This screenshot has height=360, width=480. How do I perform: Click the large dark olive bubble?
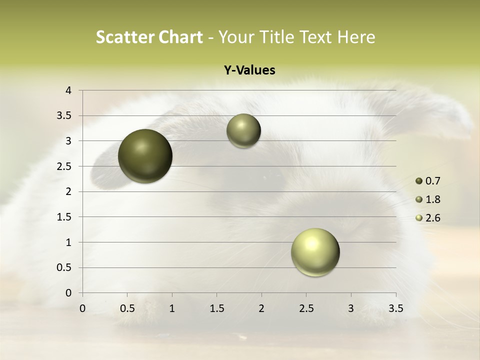[145, 156]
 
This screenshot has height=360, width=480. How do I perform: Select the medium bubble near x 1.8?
[243, 131]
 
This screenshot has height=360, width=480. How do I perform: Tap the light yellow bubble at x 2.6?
[315, 252]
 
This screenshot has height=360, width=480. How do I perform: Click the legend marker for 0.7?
[419, 181]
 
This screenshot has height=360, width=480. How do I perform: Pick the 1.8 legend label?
[433, 199]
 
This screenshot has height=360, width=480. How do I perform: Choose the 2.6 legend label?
[433, 218]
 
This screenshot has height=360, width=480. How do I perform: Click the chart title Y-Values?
[249, 70]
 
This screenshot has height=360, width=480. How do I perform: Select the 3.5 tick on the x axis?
[396, 308]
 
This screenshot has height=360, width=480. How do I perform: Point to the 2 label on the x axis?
[261, 308]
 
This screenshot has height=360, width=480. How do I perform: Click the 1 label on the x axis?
[172, 308]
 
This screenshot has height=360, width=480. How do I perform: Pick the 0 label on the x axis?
[82, 308]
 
